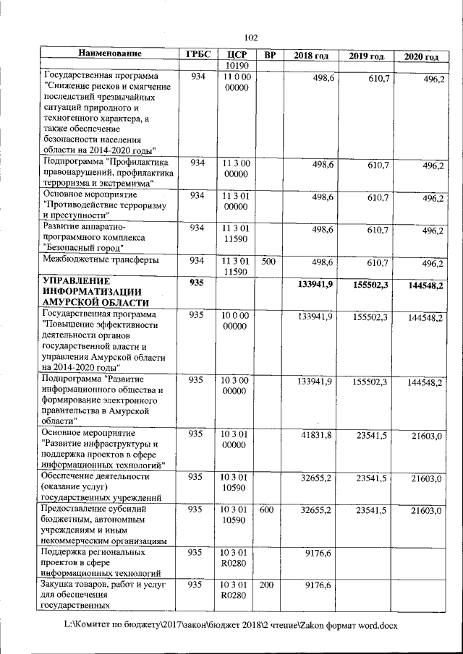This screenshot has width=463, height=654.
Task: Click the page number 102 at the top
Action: (x=251, y=38)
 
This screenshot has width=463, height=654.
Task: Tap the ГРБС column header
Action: (x=197, y=55)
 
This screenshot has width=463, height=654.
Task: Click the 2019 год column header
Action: (x=366, y=56)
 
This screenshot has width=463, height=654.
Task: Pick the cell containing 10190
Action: (x=237, y=66)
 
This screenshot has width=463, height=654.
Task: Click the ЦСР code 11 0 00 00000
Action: (x=236, y=82)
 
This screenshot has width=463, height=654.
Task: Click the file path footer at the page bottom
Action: (x=231, y=623)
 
